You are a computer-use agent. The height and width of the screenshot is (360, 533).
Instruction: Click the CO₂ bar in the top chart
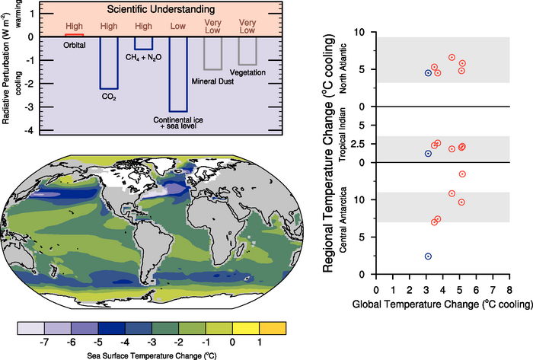point(109,62)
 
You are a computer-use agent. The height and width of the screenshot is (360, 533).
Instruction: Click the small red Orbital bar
point(74,35)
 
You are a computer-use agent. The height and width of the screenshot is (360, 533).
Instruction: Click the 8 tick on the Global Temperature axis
point(509,290)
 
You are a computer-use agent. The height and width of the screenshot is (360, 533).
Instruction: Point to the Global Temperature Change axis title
point(442,304)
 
